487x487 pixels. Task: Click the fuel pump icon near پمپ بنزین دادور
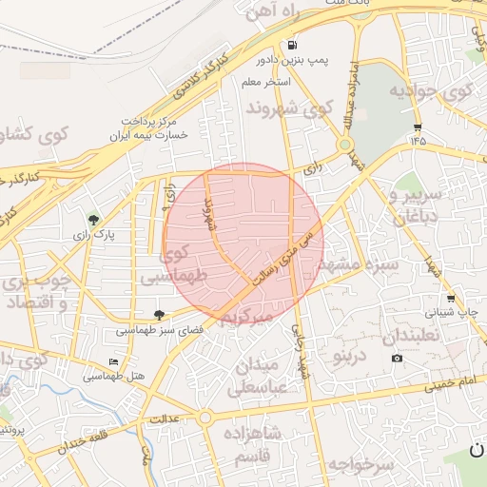coord(290,45)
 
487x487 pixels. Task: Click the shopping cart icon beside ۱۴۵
coord(418,127)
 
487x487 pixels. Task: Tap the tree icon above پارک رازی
coord(93,220)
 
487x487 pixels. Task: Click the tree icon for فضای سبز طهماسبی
coord(159,315)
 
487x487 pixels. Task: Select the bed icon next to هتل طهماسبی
coord(114,362)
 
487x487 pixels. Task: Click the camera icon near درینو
coord(397,358)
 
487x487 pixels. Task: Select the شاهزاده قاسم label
coord(251,444)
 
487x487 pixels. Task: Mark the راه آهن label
coord(284,12)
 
